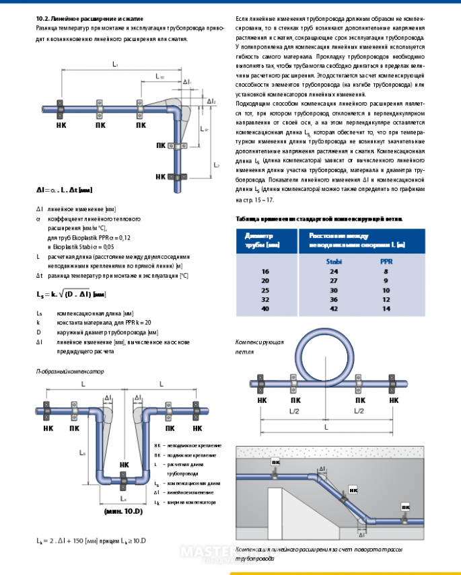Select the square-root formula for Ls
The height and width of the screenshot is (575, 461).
(71, 294)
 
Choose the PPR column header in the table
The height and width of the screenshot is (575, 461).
(386, 261)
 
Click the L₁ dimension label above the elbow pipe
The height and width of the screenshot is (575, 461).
(116, 65)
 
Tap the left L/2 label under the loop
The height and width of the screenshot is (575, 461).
(292, 411)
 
